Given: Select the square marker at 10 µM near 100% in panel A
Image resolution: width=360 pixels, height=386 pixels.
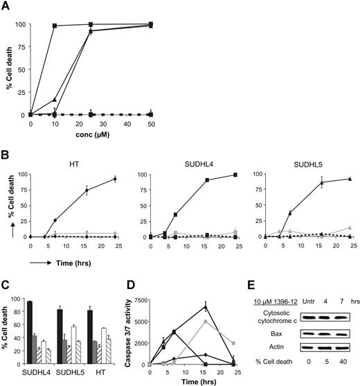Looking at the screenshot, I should (55, 26).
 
